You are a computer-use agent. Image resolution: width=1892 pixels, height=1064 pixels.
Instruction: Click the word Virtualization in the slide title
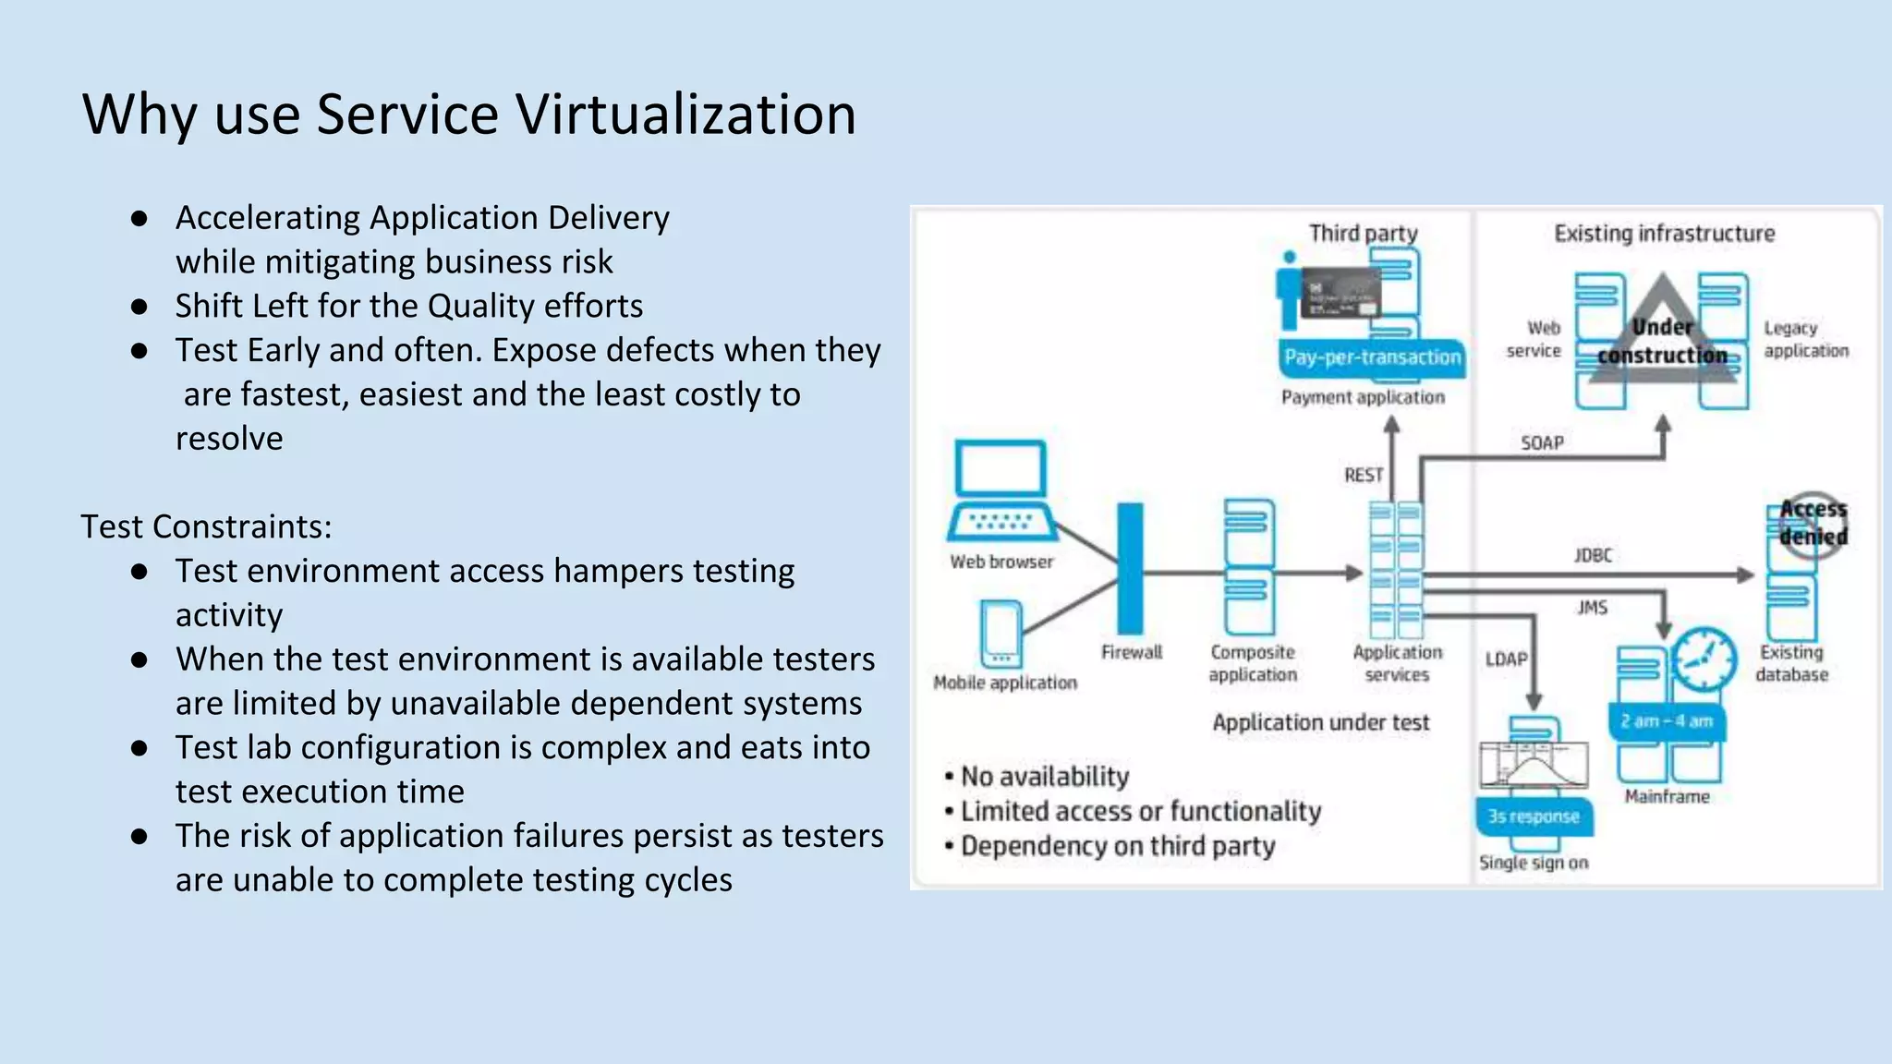click(685, 115)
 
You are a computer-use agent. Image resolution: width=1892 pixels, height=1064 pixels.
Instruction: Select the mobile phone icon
click(1001, 634)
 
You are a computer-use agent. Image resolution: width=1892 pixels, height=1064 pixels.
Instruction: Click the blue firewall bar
click(1130, 568)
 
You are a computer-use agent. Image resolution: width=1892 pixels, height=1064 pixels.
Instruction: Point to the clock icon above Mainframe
click(1703, 659)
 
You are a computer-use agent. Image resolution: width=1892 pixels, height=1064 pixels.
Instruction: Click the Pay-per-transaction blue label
click(1372, 357)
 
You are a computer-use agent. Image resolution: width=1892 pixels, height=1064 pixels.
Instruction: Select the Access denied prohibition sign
click(1813, 524)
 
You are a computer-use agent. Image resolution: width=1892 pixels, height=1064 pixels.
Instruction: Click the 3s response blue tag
click(1534, 816)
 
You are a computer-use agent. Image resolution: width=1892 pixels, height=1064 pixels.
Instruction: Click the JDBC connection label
click(1593, 555)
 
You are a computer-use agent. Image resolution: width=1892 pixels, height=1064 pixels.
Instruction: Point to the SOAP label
click(1542, 443)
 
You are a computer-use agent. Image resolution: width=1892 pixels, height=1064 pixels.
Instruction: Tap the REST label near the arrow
click(1364, 475)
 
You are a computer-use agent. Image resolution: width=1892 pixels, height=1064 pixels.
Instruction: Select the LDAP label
click(1506, 659)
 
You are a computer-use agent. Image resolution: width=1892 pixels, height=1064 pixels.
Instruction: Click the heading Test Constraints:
click(206, 526)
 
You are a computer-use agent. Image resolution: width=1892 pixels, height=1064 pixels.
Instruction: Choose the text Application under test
click(1320, 722)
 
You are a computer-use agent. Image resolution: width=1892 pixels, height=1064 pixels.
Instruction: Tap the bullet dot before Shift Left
click(139, 307)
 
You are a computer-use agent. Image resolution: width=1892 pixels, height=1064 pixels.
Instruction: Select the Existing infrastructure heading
click(1664, 234)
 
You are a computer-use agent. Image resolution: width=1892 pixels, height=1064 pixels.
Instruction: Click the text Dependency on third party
click(1117, 846)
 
